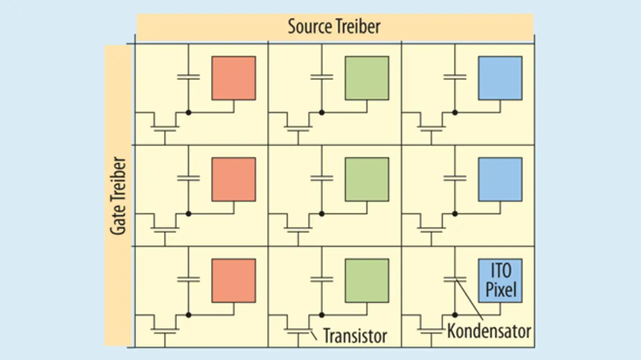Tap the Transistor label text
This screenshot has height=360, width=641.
pos(355,335)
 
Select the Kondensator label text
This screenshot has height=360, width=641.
pos(489,331)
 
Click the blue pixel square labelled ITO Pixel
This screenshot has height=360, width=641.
pos(500,280)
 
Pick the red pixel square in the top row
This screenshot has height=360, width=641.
pos(233,78)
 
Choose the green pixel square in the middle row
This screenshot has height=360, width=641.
pos(367,179)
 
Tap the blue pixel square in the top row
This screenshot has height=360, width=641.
pos(500,78)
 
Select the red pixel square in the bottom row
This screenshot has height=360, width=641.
pos(233,280)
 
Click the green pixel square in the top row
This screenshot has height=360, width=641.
pos(367,78)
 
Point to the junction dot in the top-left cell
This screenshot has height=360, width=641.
pos(188,113)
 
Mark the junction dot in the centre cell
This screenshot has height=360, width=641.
pos(322,214)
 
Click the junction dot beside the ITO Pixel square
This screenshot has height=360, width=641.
pos(455,315)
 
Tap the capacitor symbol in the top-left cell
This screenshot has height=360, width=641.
pos(188,77)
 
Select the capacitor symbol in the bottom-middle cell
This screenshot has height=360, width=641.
pos(322,279)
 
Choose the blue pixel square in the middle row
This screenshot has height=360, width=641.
pos(500,179)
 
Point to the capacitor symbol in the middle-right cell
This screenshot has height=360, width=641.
pos(455,178)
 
